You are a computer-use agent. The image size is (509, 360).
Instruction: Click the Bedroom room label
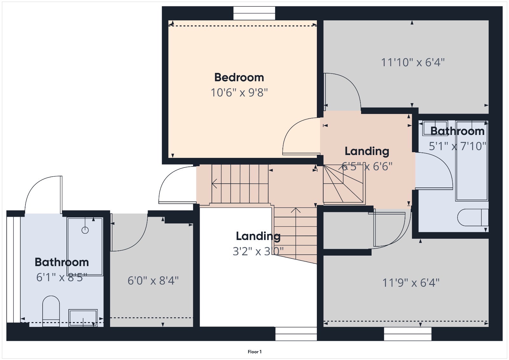[x=239, y=77]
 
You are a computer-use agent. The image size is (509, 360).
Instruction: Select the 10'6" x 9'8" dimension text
[x=239, y=93]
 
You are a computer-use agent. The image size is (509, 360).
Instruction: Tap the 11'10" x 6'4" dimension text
[x=413, y=62]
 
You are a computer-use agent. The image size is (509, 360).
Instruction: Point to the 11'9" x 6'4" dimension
[x=410, y=283]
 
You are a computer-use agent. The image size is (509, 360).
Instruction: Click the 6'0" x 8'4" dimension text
[x=153, y=281]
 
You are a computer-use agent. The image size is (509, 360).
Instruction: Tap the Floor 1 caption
[x=254, y=352]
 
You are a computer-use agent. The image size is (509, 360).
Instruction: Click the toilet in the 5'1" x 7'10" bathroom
[x=472, y=217]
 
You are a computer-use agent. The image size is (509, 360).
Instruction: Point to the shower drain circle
[x=85, y=230]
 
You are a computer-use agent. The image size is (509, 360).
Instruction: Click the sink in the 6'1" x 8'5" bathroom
[x=83, y=317]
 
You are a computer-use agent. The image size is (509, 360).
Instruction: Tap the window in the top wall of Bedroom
[x=254, y=13]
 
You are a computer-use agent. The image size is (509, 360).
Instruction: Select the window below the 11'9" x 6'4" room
[x=408, y=334]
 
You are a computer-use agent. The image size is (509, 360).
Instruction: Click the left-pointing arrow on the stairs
[x=214, y=184]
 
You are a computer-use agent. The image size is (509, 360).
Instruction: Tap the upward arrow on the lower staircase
[x=296, y=210]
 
